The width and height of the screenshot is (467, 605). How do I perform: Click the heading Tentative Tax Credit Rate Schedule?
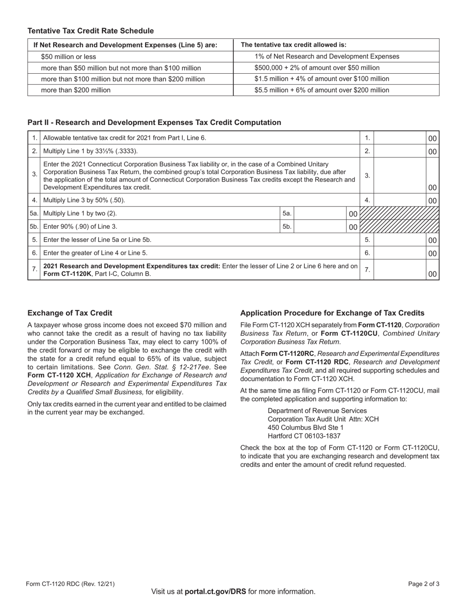[x=90, y=31]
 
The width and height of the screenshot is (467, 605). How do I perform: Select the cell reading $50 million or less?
[x=69, y=57]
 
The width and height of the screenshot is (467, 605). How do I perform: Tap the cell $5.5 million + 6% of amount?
[x=321, y=90]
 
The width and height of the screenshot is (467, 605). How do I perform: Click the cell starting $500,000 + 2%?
[x=317, y=68]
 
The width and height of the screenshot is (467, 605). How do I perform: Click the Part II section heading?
[x=154, y=122]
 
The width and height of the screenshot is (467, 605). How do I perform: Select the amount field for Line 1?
[x=400, y=138]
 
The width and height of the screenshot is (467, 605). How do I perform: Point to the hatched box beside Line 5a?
[x=399, y=213]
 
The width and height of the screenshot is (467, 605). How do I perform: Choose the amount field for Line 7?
[x=400, y=270]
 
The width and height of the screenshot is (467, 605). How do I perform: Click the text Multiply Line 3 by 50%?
[x=85, y=200]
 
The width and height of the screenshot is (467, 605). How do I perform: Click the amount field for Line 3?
[x=400, y=176]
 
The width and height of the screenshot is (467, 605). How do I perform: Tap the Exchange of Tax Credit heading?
[x=70, y=313]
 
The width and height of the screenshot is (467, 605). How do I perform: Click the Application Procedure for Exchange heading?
[x=332, y=313]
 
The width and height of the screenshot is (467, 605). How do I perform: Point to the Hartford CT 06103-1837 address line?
[x=304, y=436]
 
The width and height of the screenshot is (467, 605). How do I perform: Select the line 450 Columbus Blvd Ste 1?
[x=305, y=427]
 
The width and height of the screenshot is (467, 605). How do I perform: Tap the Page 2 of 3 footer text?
[x=424, y=584]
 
